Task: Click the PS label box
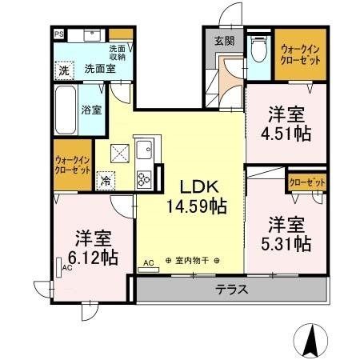59,34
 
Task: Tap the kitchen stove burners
145,178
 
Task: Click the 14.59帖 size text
195,206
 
